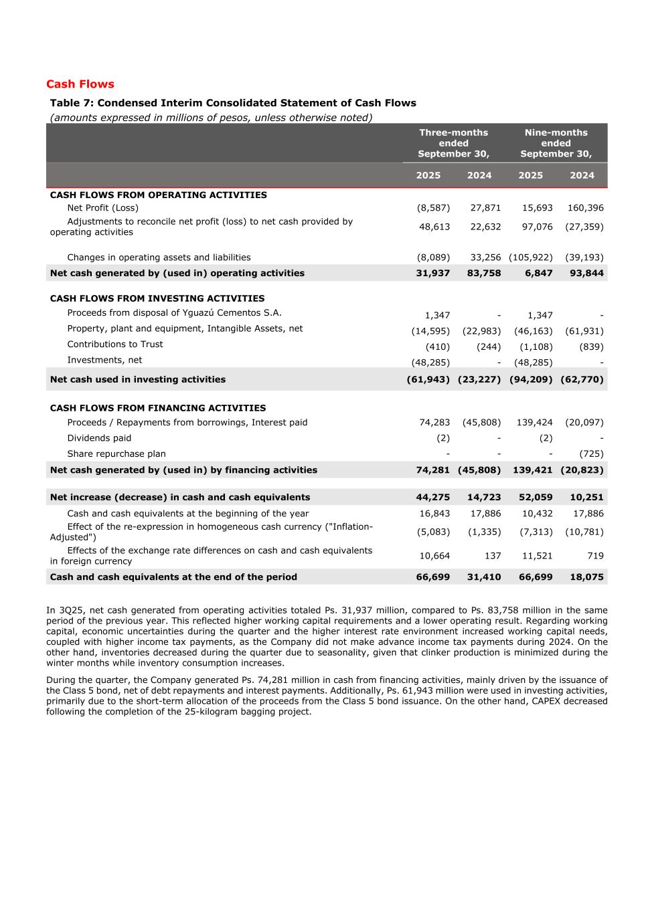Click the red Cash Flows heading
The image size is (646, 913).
point(80,84)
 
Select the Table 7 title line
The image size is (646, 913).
point(233,103)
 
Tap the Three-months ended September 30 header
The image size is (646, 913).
point(453,143)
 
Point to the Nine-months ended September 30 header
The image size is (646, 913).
point(556,143)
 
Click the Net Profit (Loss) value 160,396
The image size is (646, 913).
point(585,208)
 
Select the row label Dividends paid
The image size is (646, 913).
point(99,438)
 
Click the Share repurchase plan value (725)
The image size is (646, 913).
point(591,454)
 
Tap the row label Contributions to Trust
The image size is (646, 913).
point(114,344)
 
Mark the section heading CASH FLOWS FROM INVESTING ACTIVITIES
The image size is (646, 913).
point(157,299)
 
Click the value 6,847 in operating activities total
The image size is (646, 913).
point(539,273)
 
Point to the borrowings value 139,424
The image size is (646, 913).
point(534,423)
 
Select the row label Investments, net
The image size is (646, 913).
point(104,360)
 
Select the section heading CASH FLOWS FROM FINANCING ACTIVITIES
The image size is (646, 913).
point(158,408)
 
